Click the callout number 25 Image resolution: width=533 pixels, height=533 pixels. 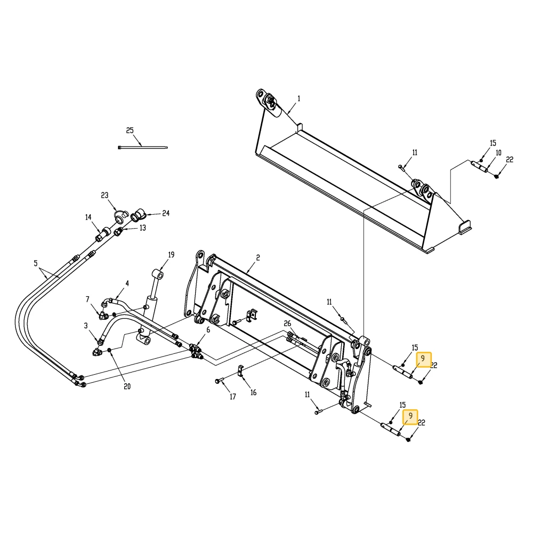130,131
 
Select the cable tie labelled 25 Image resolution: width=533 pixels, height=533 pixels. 143,147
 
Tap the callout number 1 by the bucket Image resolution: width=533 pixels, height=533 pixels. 299,99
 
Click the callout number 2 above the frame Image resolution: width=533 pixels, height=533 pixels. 258,257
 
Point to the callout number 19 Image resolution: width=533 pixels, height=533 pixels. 171,255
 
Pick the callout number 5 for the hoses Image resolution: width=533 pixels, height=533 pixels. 36,263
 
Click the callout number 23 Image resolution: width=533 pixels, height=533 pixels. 104,195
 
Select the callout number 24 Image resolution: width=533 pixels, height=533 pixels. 166,213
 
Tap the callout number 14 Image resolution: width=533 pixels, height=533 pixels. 88,217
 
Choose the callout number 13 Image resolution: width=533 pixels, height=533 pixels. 143,228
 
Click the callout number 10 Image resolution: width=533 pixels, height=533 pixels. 498,153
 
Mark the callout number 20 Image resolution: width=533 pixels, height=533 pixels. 127,386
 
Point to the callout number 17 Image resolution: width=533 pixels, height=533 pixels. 233,397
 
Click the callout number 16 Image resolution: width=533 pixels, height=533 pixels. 254,393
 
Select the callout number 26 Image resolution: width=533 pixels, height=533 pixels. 288,324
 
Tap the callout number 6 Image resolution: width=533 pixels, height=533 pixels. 208,330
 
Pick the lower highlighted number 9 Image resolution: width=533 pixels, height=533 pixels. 410,416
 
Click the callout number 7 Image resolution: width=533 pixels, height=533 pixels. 87,299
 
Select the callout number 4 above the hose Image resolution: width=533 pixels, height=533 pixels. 127,284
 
